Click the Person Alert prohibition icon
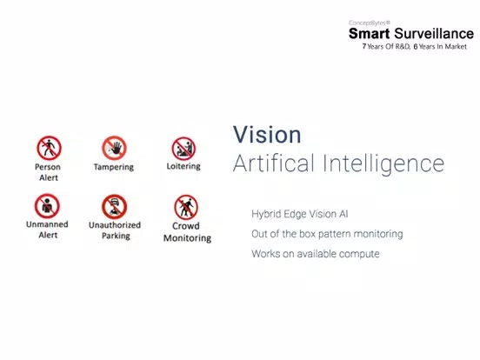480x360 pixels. coord(49,148)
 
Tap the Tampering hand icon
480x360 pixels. coord(114,148)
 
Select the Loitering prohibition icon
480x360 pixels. coord(183,149)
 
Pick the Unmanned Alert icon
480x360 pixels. coord(47,206)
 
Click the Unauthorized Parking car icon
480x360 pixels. coord(114,207)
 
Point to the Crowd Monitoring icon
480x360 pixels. coord(186,207)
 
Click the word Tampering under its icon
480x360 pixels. coord(114,167)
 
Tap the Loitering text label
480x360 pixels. coord(183,166)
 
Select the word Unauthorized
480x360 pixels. coord(115,225)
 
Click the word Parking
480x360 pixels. coord(116,236)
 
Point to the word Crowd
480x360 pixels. coord(186,226)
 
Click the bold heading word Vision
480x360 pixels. coord(267,135)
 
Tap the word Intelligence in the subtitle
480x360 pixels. coord(383,164)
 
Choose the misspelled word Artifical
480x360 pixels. coord(274,163)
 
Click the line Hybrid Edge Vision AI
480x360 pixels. coord(300,214)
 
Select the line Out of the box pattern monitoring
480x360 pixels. coord(327,234)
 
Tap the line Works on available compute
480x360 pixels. coord(316,254)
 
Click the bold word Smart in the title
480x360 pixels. coord(370,34)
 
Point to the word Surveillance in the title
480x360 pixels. coord(434,34)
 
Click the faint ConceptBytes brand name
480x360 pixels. coord(370,23)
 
